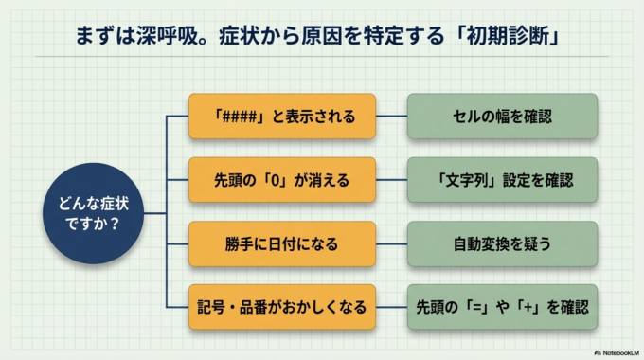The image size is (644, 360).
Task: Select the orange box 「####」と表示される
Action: point(282,117)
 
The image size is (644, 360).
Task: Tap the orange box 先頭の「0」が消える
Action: point(282,180)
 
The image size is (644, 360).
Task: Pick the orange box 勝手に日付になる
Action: point(282,243)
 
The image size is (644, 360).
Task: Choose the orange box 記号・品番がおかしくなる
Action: point(282,307)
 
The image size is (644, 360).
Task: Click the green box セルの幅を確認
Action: point(502,117)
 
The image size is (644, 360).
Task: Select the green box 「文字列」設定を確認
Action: point(502,180)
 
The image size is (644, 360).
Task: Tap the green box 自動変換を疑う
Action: point(502,243)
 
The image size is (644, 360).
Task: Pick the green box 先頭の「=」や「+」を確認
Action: point(502,307)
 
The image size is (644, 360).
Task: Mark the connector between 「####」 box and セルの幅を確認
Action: point(391,117)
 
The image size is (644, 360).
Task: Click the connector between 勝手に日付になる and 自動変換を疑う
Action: point(391,243)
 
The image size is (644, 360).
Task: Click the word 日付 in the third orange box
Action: point(281,243)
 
